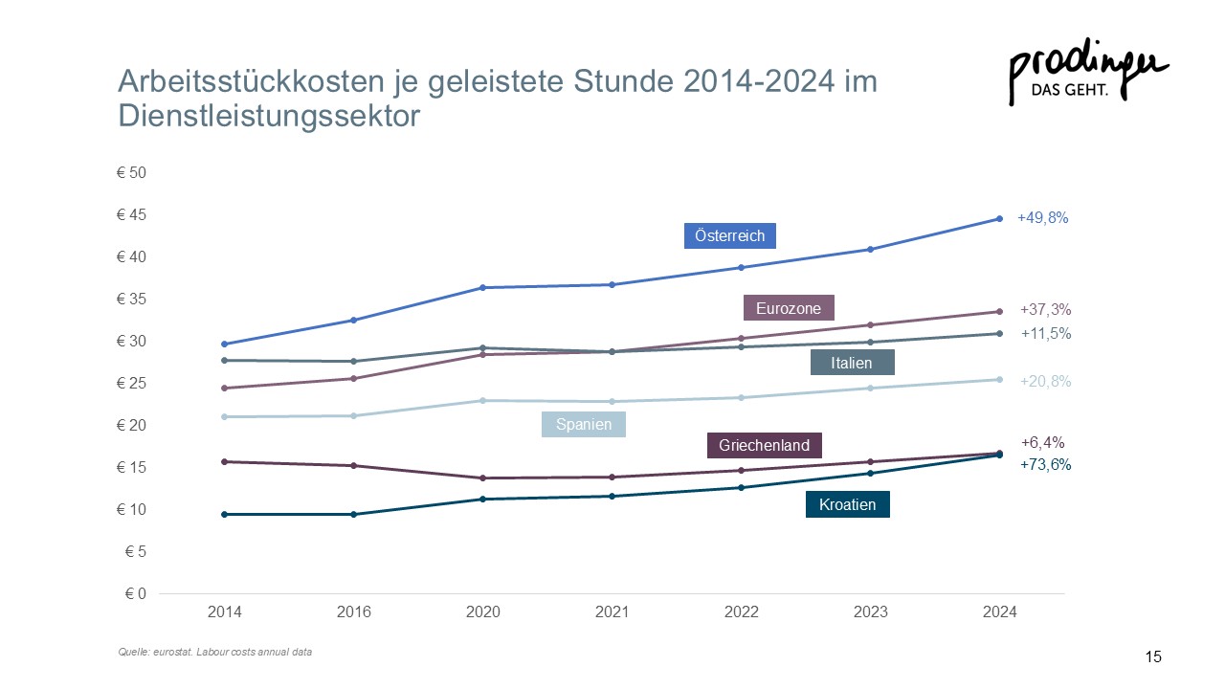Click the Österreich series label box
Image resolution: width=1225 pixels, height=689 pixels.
(x=729, y=235)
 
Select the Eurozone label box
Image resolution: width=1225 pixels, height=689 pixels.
(x=789, y=308)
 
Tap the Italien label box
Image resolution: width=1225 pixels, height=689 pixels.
(x=852, y=362)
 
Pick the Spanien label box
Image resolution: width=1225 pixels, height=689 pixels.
(x=584, y=424)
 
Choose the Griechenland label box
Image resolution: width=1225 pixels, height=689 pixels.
(x=764, y=445)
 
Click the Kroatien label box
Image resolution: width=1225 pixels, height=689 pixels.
(x=848, y=504)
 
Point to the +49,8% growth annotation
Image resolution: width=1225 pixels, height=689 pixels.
(x=1042, y=217)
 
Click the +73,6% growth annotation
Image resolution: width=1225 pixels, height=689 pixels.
(x=1046, y=464)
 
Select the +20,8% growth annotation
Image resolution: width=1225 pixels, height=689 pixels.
(x=1046, y=381)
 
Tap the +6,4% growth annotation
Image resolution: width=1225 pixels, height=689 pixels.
(x=1042, y=442)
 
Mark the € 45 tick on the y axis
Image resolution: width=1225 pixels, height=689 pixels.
(x=131, y=214)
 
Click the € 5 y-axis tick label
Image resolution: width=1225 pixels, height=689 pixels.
(x=136, y=551)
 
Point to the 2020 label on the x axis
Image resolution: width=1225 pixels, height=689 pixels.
(x=483, y=611)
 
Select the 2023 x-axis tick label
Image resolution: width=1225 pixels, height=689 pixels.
(x=871, y=611)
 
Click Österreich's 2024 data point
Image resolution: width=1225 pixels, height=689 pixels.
(x=1000, y=219)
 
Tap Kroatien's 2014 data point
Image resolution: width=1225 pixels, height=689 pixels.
(x=224, y=515)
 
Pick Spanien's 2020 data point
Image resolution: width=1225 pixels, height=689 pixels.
(x=483, y=401)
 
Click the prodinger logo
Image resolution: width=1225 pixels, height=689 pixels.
(x=1088, y=71)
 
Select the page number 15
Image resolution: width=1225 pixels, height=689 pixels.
(x=1153, y=656)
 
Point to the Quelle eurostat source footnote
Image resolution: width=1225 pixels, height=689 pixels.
(x=215, y=652)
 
